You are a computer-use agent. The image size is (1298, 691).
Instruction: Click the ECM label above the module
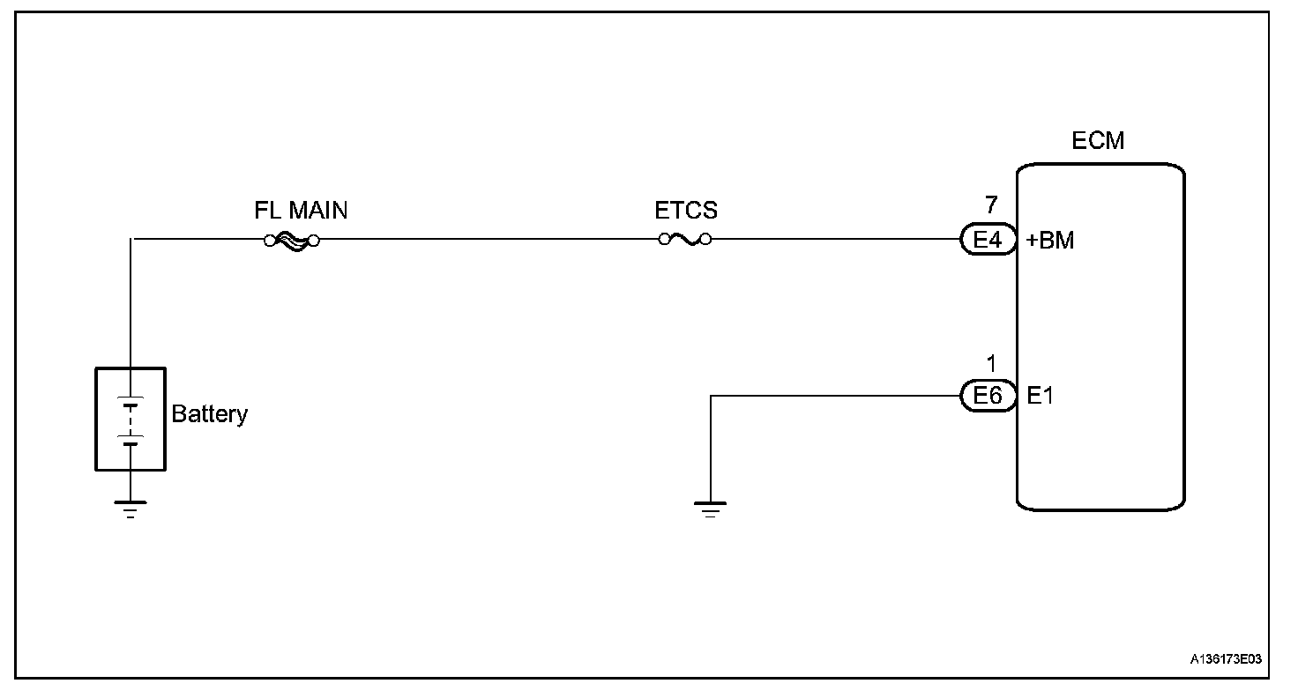(1098, 141)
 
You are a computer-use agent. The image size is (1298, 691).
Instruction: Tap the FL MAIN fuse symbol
(291, 239)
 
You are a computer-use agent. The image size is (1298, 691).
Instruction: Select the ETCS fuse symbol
(685, 239)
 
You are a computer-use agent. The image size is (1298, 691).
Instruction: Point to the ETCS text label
(686, 212)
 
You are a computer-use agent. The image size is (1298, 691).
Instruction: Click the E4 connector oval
(988, 239)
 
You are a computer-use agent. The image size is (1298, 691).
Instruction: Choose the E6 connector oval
(988, 397)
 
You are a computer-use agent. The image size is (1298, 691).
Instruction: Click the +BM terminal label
(1050, 240)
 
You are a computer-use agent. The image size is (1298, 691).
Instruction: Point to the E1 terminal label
(1041, 397)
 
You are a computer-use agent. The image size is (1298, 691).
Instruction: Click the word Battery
(210, 414)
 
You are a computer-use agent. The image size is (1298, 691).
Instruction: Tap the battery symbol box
(130, 420)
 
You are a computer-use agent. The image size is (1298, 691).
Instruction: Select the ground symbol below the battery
(131, 509)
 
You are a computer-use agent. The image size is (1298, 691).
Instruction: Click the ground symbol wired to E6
(710, 509)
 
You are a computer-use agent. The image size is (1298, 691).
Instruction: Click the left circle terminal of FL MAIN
(270, 239)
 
